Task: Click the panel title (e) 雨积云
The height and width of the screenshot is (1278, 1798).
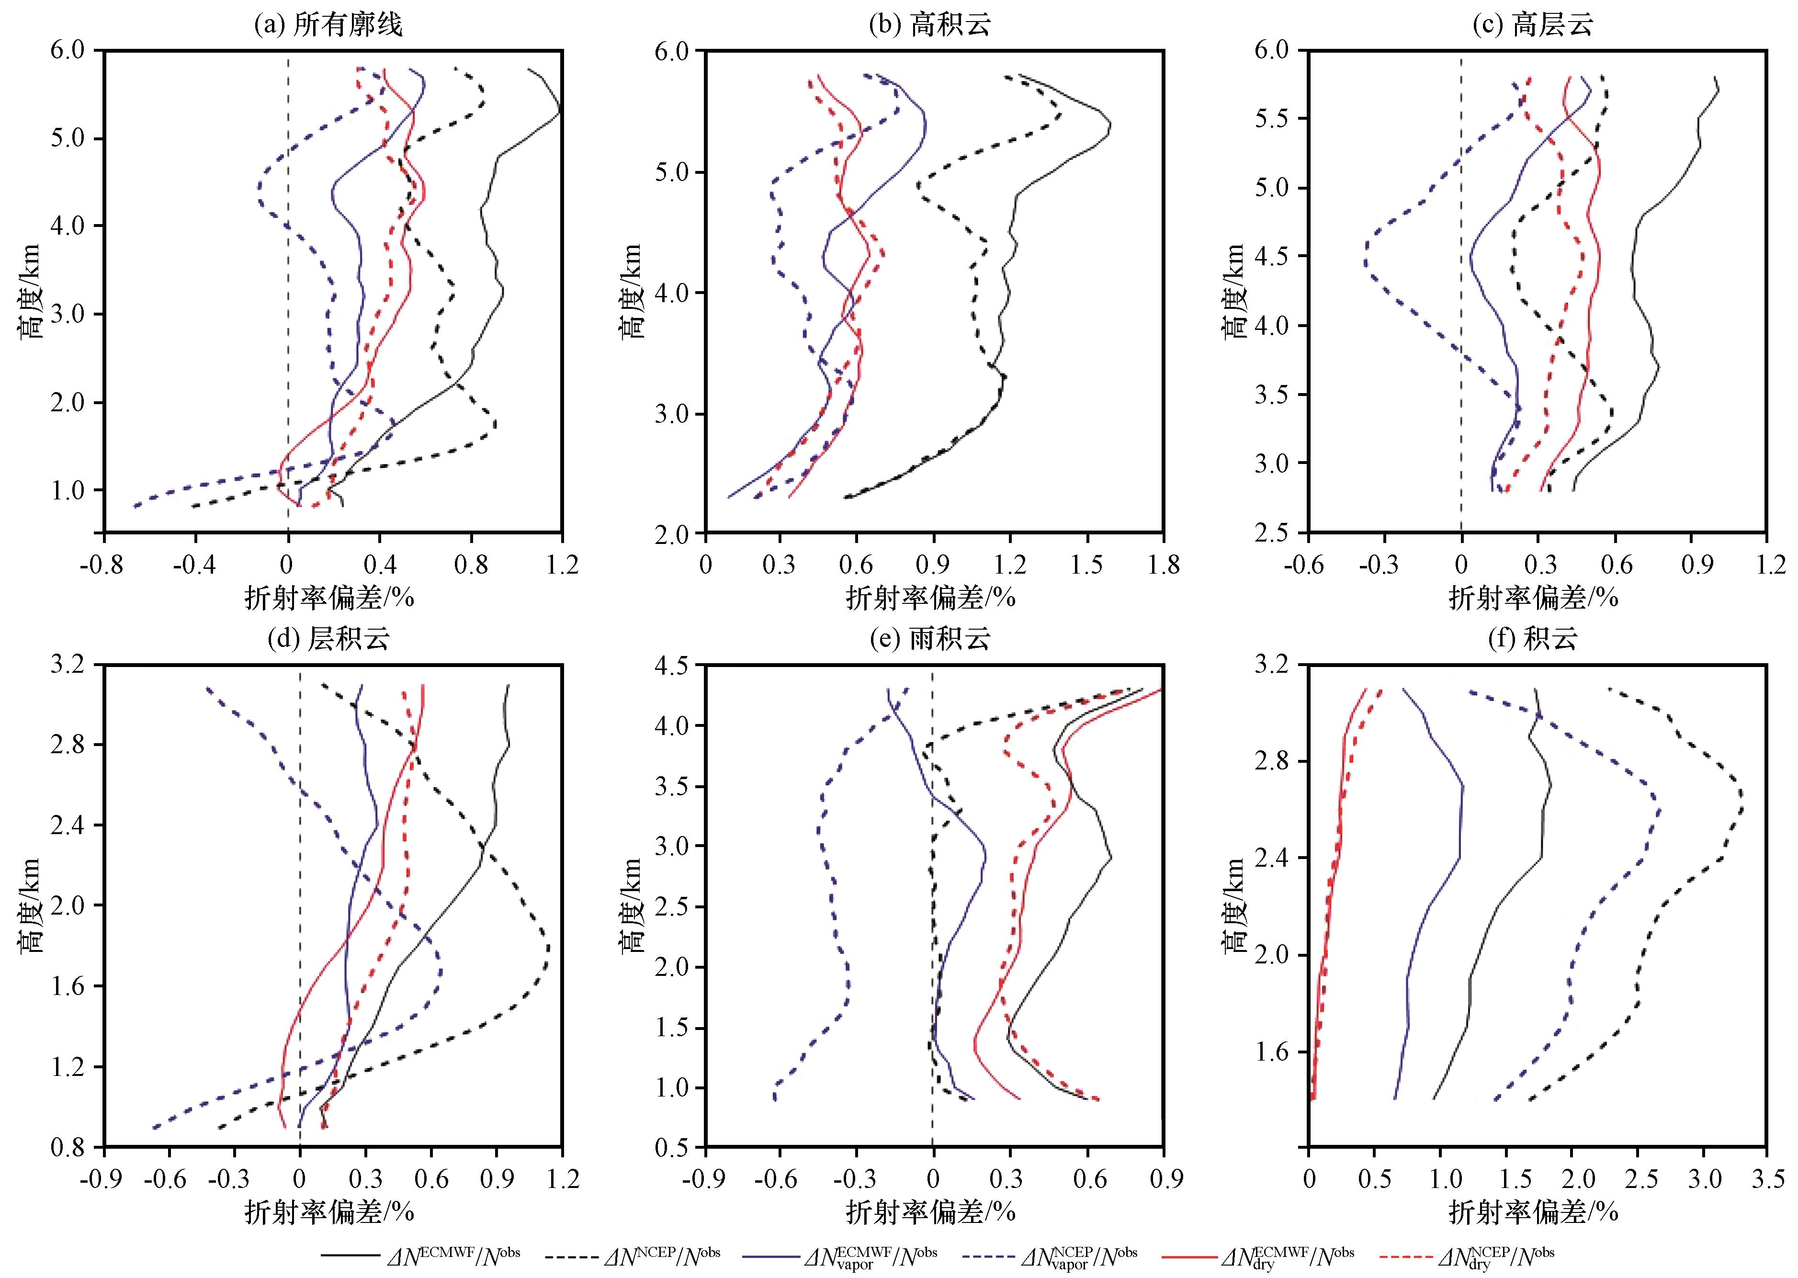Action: coord(929,639)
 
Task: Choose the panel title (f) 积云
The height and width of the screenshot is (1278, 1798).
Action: coord(1533,639)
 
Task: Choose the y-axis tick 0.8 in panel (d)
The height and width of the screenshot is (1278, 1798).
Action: coord(69,1147)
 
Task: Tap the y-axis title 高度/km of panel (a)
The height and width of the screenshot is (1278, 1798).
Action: coord(33,291)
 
